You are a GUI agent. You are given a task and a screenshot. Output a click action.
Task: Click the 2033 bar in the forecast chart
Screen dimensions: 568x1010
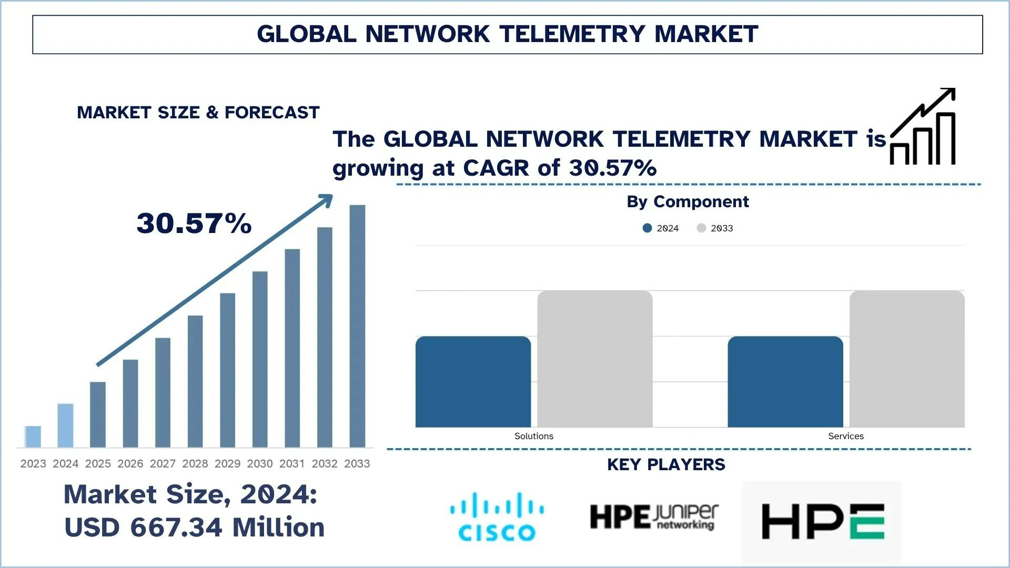(x=357, y=326)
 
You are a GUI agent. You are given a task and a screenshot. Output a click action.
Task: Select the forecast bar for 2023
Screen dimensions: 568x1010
(x=33, y=437)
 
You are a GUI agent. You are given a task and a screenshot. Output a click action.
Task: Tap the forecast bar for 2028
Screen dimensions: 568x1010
(x=195, y=381)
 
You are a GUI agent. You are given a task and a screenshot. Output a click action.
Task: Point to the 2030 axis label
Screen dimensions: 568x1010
(x=260, y=463)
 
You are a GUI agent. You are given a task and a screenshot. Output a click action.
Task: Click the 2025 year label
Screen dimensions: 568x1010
(x=98, y=463)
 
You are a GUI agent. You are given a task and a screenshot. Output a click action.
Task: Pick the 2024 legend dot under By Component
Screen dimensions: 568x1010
(x=648, y=228)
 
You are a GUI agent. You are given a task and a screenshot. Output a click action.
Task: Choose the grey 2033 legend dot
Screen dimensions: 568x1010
(x=701, y=228)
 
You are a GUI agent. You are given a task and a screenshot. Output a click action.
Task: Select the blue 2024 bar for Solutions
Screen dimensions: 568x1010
(x=473, y=381)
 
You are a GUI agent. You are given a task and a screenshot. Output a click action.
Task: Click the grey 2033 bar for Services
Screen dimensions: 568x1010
(x=907, y=359)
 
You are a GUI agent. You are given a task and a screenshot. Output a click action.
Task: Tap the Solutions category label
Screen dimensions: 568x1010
(x=533, y=436)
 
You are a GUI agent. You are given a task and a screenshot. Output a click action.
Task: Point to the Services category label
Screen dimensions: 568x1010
(x=845, y=436)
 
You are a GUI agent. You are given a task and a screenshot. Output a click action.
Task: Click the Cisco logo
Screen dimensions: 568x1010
(x=497, y=516)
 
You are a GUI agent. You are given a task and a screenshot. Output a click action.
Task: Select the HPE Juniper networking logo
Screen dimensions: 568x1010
(x=654, y=517)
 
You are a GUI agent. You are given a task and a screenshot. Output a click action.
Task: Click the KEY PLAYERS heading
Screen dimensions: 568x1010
(x=666, y=464)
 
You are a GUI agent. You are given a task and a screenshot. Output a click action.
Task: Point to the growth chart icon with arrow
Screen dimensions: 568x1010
(x=923, y=127)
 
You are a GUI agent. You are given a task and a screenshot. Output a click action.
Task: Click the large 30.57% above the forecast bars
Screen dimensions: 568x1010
(x=194, y=223)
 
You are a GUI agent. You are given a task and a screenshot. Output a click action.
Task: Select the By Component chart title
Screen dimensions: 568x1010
(x=688, y=201)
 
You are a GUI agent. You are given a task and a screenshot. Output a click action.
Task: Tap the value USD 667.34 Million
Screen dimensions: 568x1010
(x=194, y=527)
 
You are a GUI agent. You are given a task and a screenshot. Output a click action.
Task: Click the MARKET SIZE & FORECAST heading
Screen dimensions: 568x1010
(x=198, y=112)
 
